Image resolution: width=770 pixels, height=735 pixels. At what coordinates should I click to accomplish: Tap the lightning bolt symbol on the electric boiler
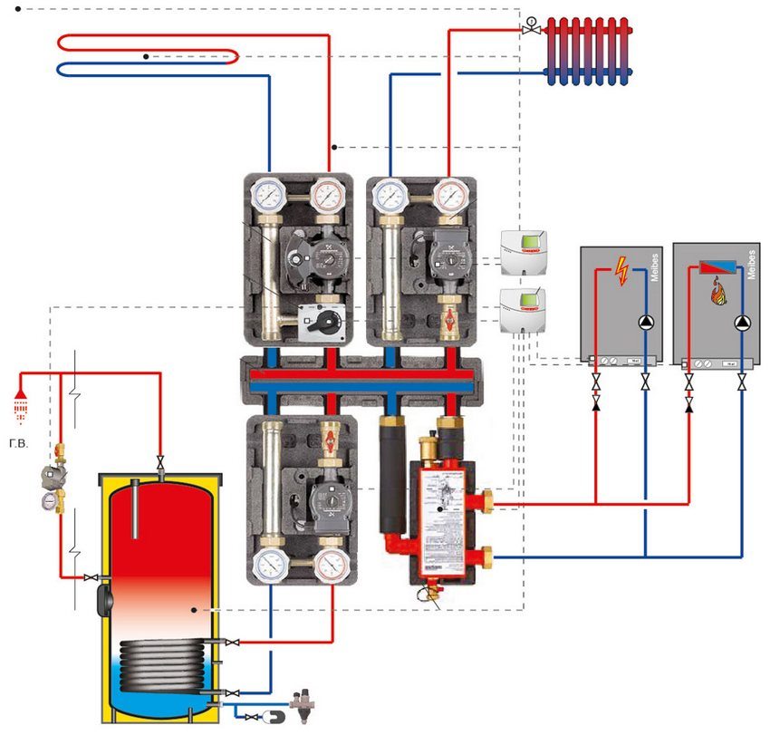tap(621, 271)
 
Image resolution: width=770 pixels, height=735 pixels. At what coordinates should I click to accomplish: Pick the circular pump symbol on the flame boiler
tap(742, 322)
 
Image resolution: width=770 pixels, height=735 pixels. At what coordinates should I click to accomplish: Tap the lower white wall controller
tap(525, 307)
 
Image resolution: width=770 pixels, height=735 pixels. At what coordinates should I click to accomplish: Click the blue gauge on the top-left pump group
tap(268, 195)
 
